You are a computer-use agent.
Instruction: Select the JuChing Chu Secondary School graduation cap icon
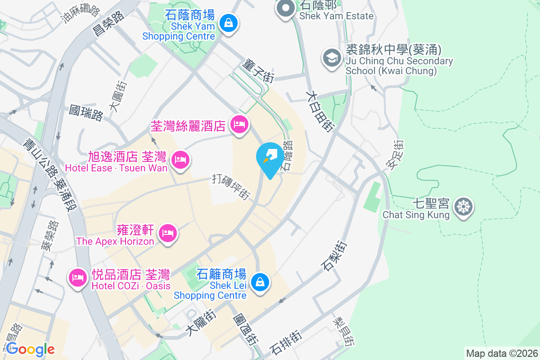[x=332, y=58]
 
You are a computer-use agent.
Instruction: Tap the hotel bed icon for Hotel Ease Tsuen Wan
[x=180, y=160]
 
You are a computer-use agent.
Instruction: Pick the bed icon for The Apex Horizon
[x=168, y=233]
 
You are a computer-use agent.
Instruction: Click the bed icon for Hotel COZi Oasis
[x=77, y=277]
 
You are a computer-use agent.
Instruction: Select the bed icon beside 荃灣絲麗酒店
[x=238, y=124]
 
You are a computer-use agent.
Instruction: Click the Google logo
[x=30, y=349]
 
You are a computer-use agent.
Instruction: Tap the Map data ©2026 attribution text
[x=501, y=354]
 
